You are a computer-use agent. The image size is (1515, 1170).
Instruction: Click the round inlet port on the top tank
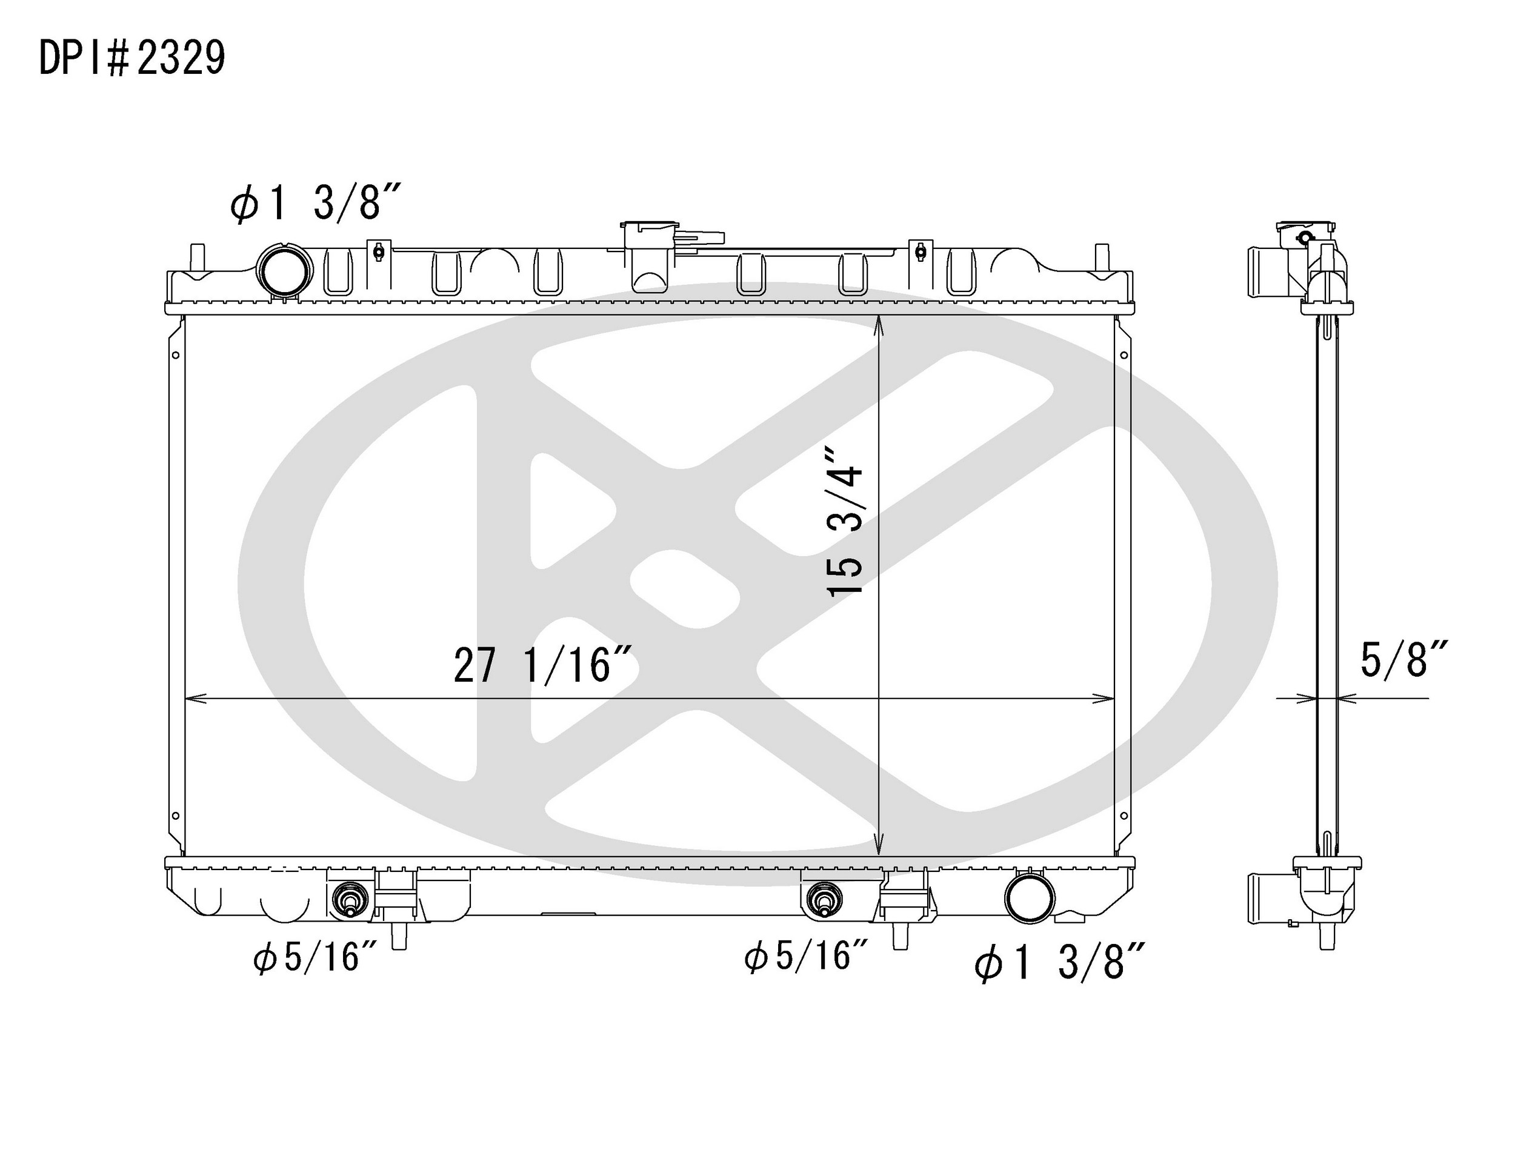[x=284, y=272]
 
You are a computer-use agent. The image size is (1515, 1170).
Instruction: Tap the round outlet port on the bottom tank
[x=1030, y=897]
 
